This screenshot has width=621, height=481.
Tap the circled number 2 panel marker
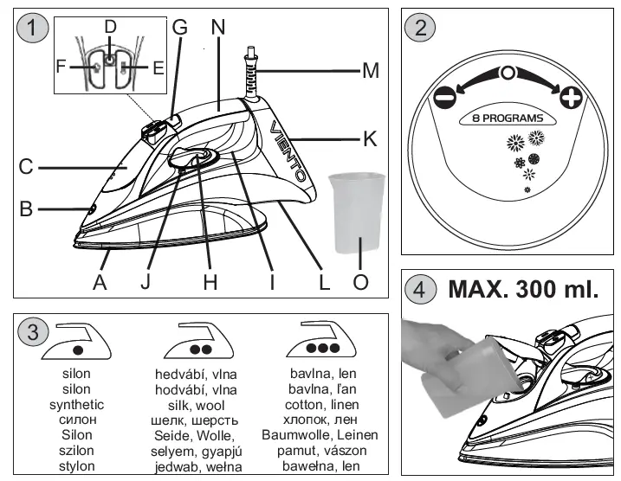pyautogui.click(x=421, y=27)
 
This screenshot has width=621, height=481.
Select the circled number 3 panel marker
pyautogui.click(x=32, y=332)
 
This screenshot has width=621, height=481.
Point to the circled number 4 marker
pyautogui.click(x=421, y=289)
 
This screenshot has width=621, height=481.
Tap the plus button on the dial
pyautogui.click(x=571, y=97)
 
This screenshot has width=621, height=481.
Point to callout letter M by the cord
pyautogui.click(x=371, y=70)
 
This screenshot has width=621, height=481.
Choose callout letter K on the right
pyautogui.click(x=371, y=137)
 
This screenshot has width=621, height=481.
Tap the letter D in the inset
pyautogui.click(x=110, y=27)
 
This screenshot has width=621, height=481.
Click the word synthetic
pyautogui.click(x=77, y=404)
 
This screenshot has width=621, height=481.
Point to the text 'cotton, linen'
pyautogui.click(x=320, y=404)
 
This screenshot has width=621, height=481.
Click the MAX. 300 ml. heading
pyautogui.click(x=523, y=289)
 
